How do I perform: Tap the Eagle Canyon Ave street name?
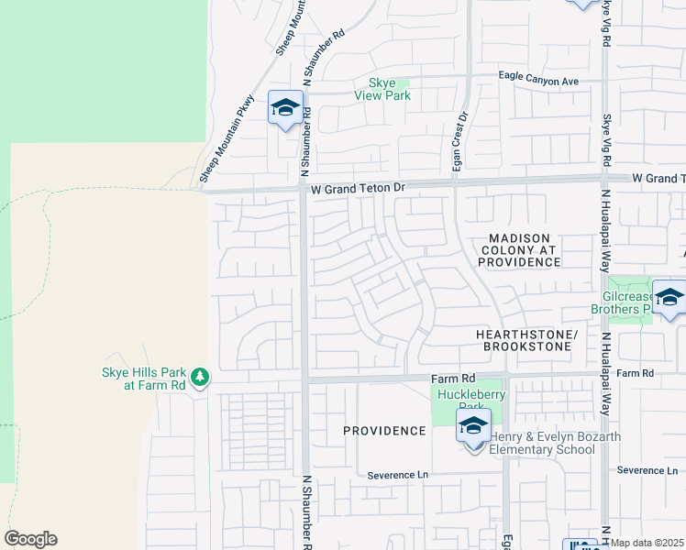pyautogui.click(x=538, y=81)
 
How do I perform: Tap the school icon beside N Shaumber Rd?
pyautogui.click(x=285, y=108)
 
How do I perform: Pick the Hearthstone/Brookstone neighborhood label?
pyautogui.click(x=526, y=342)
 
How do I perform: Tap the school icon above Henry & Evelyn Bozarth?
pyautogui.click(x=473, y=428)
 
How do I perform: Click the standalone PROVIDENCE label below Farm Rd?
pyautogui.click(x=385, y=431)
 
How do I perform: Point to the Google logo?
pyautogui.click(x=30, y=539)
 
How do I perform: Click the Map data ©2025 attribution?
pyautogui.click(x=647, y=543)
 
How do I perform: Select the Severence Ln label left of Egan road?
pyautogui.click(x=398, y=476)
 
